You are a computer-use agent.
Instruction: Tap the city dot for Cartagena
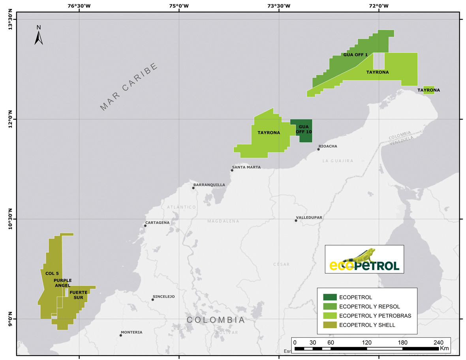pos(145,225)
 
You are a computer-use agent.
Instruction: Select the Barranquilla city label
pos(209,185)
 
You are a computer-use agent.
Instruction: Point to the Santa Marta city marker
pos(232,170)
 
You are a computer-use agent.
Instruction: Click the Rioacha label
pos(328,146)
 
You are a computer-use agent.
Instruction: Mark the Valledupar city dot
pos(296,220)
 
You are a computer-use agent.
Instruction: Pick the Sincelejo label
pos(163,296)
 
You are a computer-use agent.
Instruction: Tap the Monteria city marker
pos(121,335)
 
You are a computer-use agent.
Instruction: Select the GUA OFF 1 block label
pos(355,55)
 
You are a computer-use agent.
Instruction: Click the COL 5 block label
pos(52,273)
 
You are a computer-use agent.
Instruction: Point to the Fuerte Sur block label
pos(78,295)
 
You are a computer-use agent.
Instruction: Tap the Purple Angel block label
pos(62,283)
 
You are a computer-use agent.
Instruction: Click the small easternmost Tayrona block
pos(428,90)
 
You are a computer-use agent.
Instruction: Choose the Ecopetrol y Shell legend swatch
pos(330,325)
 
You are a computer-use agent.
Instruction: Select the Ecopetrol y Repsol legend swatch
pos(330,306)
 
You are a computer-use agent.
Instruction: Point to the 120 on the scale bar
pos(367,342)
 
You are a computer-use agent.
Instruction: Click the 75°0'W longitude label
pos(179,6)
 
